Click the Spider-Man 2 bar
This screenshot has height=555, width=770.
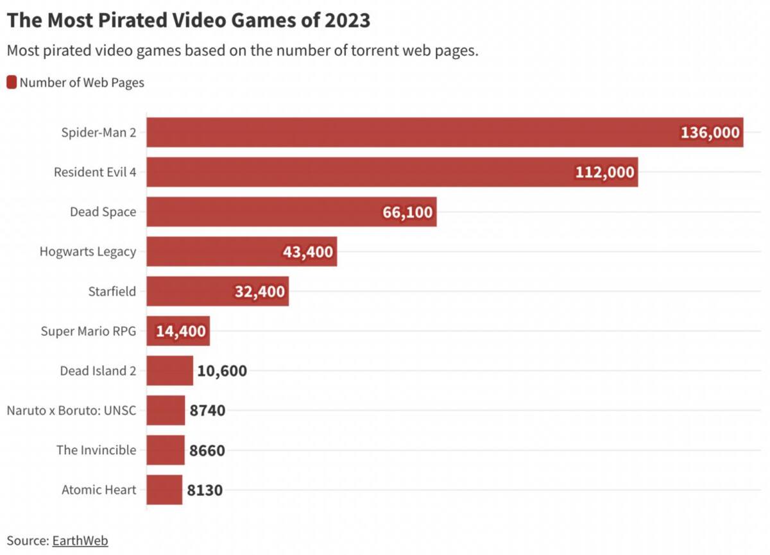coord(445,132)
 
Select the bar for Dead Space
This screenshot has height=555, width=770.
coord(291,212)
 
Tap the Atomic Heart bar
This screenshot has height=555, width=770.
coord(164,490)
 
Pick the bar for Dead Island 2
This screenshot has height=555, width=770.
coord(170,370)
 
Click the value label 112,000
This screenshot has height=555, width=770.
coord(604,172)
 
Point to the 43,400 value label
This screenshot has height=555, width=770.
coord(308,252)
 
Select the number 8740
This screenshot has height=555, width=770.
coord(207,411)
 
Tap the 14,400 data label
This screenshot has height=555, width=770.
coord(181,331)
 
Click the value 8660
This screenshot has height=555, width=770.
coord(207,450)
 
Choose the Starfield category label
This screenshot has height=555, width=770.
coord(112,291)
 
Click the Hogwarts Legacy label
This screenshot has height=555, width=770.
coord(88,252)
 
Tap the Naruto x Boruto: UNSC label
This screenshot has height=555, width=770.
coord(71,411)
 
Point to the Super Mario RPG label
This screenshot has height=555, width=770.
coord(89,331)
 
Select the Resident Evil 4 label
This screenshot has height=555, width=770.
coord(95,172)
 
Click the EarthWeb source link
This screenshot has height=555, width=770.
coord(80,541)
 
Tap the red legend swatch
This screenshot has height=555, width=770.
coord(12,83)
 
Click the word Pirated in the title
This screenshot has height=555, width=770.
coord(133,20)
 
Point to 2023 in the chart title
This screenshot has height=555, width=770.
coord(348,20)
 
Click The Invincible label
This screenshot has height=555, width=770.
coord(96,450)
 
